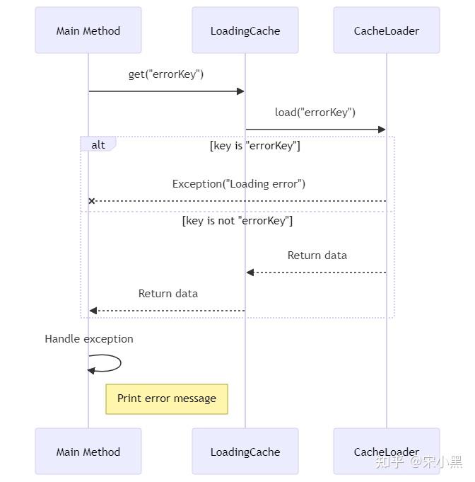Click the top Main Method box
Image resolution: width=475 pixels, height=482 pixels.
(88, 30)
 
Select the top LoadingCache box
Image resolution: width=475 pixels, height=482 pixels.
(245, 30)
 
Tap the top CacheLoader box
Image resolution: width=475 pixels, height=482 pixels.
(386, 30)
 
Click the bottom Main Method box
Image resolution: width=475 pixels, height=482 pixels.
(88, 452)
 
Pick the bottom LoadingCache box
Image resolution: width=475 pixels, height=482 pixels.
(245, 452)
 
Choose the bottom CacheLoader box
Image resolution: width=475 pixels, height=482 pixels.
(386, 451)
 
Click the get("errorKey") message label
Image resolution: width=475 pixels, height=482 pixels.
(166, 74)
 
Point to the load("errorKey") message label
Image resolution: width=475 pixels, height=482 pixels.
(315, 113)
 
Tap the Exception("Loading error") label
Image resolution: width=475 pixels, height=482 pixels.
(239, 184)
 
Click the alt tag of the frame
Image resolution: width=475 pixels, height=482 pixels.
(98, 144)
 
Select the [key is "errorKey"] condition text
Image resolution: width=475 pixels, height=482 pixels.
(255, 146)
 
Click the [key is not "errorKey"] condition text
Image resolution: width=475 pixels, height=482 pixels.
(237, 221)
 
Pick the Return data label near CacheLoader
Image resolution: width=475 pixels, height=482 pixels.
(317, 256)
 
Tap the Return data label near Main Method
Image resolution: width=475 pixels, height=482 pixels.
(168, 294)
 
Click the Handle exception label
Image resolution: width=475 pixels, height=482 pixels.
(89, 339)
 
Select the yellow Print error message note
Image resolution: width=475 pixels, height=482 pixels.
(167, 398)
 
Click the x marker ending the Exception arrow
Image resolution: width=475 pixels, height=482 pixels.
(91, 201)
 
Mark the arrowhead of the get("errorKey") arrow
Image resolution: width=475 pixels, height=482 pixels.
(240, 91)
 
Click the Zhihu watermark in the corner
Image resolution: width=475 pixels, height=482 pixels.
(418, 462)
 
